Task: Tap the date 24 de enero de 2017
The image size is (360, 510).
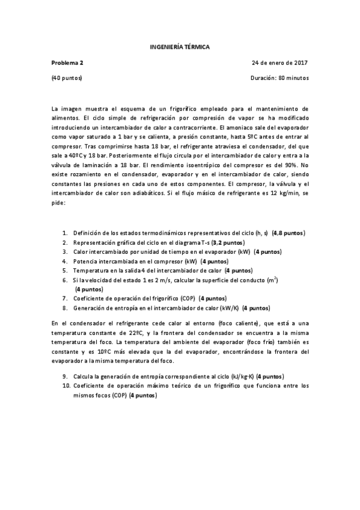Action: coord(280,62)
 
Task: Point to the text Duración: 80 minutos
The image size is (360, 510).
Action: coord(279,78)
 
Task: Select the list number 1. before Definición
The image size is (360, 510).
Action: coord(66,232)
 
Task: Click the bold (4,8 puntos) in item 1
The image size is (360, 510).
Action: coord(288,232)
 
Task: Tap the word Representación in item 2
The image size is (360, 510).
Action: coord(95,242)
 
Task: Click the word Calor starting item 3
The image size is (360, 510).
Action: coord(81,251)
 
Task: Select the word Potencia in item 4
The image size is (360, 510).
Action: coord(85,262)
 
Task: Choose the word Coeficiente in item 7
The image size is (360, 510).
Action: coord(90,298)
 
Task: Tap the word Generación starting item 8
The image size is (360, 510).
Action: coord(90,308)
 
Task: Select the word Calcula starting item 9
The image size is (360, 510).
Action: coord(84,376)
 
